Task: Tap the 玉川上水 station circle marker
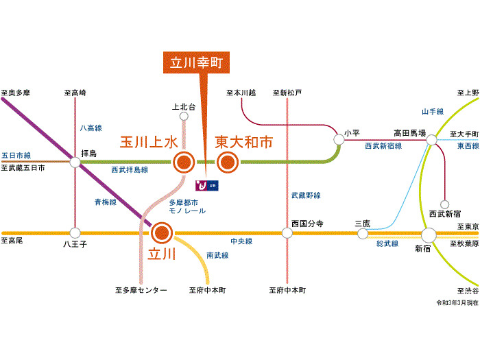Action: click(x=183, y=163)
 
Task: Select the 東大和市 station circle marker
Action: click(x=227, y=163)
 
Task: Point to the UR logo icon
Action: click(x=206, y=185)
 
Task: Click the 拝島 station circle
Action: click(x=75, y=163)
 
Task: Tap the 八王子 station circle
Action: click(x=75, y=233)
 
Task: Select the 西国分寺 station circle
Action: click(x=286, y=233)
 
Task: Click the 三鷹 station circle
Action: click(x=363, y=234)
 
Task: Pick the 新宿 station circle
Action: click(x=429, y=235)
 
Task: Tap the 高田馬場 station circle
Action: click(x=431, y=141)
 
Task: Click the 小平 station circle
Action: click(x=339, y=140)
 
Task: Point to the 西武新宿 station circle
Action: click(x=444, y=204)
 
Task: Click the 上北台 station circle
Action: click(x=183, y=117)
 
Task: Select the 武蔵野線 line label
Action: click(x=306, y=196)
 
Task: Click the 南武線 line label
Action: click(x=217, y=255)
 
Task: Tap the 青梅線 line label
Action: click(x=105, y=202)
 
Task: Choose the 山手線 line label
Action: click(x=433, y=112)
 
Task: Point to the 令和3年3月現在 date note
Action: click(x=457, y=302)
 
